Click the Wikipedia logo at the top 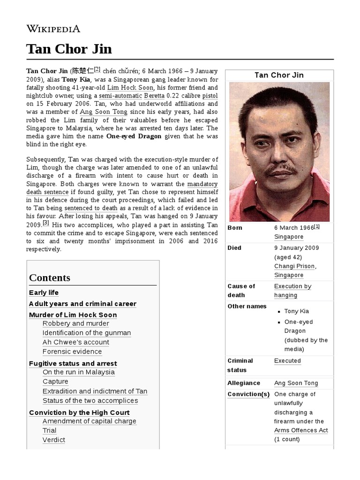(53, 29)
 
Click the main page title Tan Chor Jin (69, 49)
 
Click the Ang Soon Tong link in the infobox (296, 383)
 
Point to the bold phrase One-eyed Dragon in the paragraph (134, 136)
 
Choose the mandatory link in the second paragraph (202, 184)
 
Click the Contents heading (50, 277)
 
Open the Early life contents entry (44, 292)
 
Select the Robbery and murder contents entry (75, 323)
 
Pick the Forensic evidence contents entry (72, 352)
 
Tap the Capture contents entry (55, 382)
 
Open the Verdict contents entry (53, 440)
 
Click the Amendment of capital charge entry (89, 421)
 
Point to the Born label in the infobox (234, 228)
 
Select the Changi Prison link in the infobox (294, 266)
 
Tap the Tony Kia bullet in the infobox (296, 311)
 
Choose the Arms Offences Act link (300, 430)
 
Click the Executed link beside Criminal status (287, 361)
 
